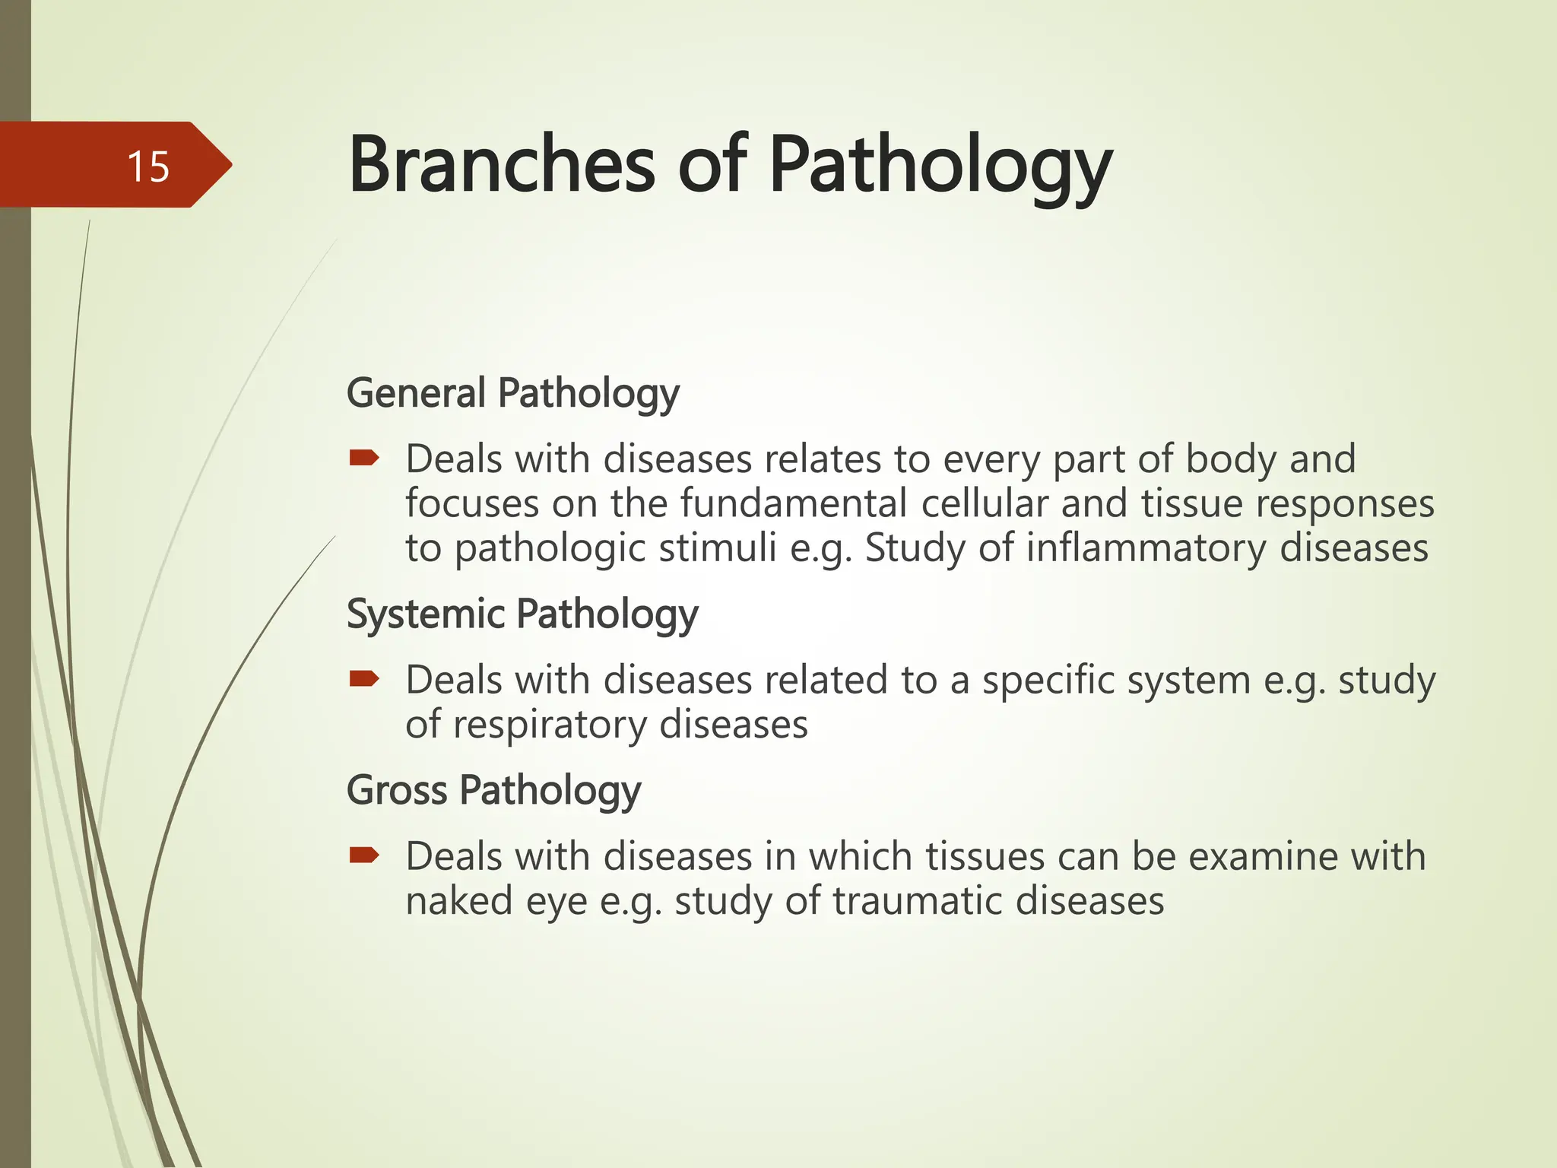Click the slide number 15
click(148, 167)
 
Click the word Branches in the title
click(501, 165)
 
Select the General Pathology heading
click(512, 393)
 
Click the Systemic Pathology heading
click(522, 614)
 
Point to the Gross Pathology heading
click(493, 790)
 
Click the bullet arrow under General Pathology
click(364, 458)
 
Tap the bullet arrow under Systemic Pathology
click(364, 678)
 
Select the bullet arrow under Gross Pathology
click(364, 855)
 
